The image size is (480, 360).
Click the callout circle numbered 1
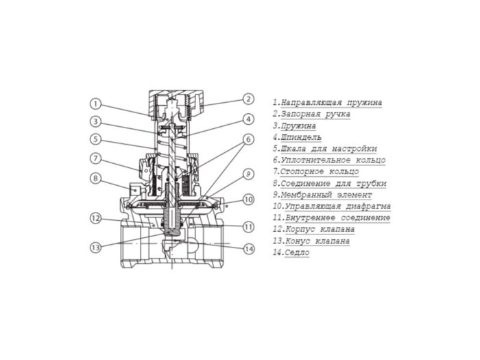click(x=95, y=104)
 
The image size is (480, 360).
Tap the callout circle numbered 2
click(x=249, y=99)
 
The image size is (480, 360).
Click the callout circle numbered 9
click(x=249, y=173)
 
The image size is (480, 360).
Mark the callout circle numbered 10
click(x=249, y=200)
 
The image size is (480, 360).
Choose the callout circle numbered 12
click(x=95, y=218)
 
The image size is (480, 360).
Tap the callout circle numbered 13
click(x=95, y=247)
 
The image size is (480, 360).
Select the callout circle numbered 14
click(x=249, y=248)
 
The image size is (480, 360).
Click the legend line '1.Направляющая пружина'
click(x=327, y=103)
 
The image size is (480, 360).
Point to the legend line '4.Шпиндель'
click(x=296, y=137)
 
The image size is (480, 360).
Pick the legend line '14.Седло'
click(x=291, y=253)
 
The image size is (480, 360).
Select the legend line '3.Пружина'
click(x=294, y=126)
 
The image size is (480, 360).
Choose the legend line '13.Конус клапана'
click(x=311, y=241)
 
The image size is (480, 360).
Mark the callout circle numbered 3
click(x=95, y=122)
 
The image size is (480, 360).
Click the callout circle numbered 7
click(x=95, y=158)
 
